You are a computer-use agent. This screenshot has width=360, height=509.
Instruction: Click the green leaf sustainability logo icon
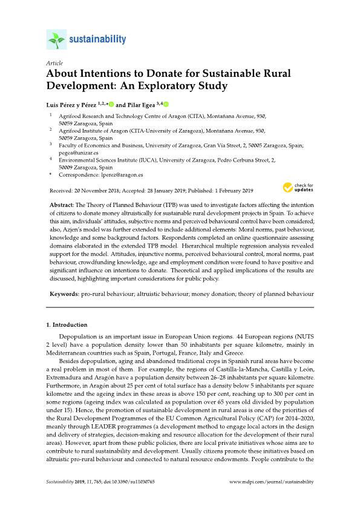point(56,41)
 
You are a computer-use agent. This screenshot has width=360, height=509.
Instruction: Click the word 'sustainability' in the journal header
point(97,40)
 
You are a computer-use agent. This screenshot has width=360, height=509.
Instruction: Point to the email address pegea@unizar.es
point(75,154)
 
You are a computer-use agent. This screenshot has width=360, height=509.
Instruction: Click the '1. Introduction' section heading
point(67,325)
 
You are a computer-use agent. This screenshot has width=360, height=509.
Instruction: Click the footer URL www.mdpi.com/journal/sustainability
point(272,482)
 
